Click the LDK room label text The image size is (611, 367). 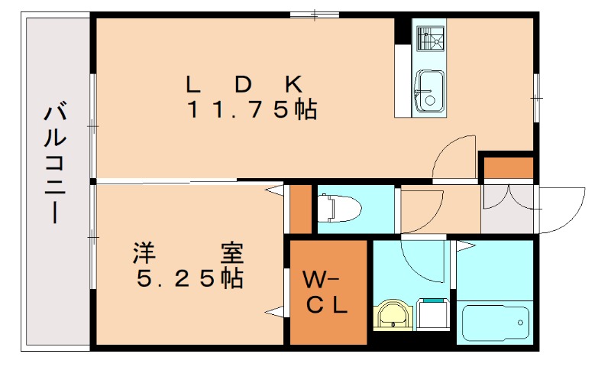click(247, 82)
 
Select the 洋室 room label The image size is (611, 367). click(188, 250)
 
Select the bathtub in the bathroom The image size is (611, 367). click(495, 320)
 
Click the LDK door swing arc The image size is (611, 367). click(452, 158)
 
